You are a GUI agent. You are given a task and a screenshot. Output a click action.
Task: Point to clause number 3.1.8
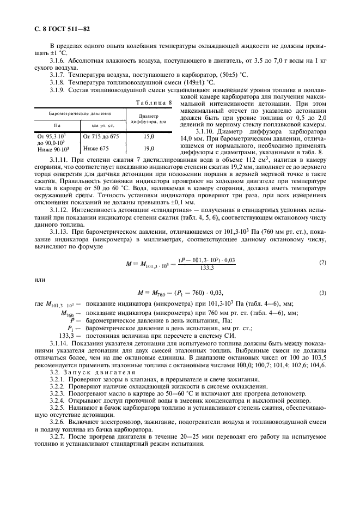pos(58,81)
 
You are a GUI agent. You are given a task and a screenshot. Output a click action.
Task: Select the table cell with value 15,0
pos(148,137)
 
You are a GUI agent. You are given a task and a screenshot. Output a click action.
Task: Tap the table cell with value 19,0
pos(148,148)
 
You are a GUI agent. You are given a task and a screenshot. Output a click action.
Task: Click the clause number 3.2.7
pos(58,436)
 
